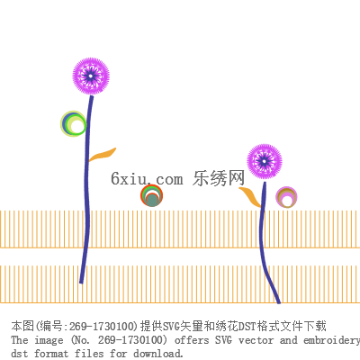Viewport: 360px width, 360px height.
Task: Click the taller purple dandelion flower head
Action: [91, 76]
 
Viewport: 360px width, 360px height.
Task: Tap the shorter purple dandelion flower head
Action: [265, 162]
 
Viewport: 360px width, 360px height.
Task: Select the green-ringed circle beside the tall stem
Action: [74, 123]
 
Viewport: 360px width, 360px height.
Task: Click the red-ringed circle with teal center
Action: [152, 195]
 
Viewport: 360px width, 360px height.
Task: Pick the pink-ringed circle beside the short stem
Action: [286, 197]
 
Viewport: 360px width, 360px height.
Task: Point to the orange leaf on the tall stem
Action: [103, 155]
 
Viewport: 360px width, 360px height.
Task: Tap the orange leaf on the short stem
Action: [250, 196]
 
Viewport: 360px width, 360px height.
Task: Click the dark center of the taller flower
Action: [91, 76]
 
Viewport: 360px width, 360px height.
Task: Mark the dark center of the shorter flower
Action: [265, 162]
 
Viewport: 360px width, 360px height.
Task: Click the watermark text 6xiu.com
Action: [147, 178]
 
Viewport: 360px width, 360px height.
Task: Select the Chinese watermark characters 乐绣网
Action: [219, 178]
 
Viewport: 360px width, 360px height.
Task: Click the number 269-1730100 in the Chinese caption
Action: [102, 326]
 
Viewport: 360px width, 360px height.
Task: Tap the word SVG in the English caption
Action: [223, 340]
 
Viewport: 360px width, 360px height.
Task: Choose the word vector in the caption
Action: [256, 340]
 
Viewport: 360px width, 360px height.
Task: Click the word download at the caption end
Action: [157, 353]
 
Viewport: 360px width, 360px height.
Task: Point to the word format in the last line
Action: [51, 353]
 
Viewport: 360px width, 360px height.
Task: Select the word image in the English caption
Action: [49, 341]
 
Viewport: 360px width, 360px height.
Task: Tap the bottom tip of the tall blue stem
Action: [81, 283]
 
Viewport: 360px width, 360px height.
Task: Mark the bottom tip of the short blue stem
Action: [279, 303]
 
